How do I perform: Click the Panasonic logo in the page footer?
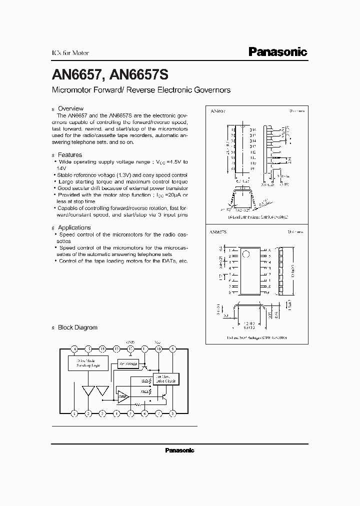click(x=179, y=450)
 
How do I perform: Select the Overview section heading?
click(x=70, y=108)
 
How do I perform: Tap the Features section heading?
click(x=70, y=155)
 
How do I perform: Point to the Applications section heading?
click(x=74, y=227)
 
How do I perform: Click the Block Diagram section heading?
click(x=77, y=327)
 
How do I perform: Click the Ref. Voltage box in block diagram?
click(x=127, y=363)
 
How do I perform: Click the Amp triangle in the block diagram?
click(x=122, y=396)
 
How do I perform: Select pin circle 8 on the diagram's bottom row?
click(x=173, y=413)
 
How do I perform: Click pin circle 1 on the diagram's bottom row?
click(x=74, y=413)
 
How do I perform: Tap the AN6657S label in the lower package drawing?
click(x=219, y=233)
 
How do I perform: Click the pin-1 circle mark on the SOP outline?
click(x=245, y=253)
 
